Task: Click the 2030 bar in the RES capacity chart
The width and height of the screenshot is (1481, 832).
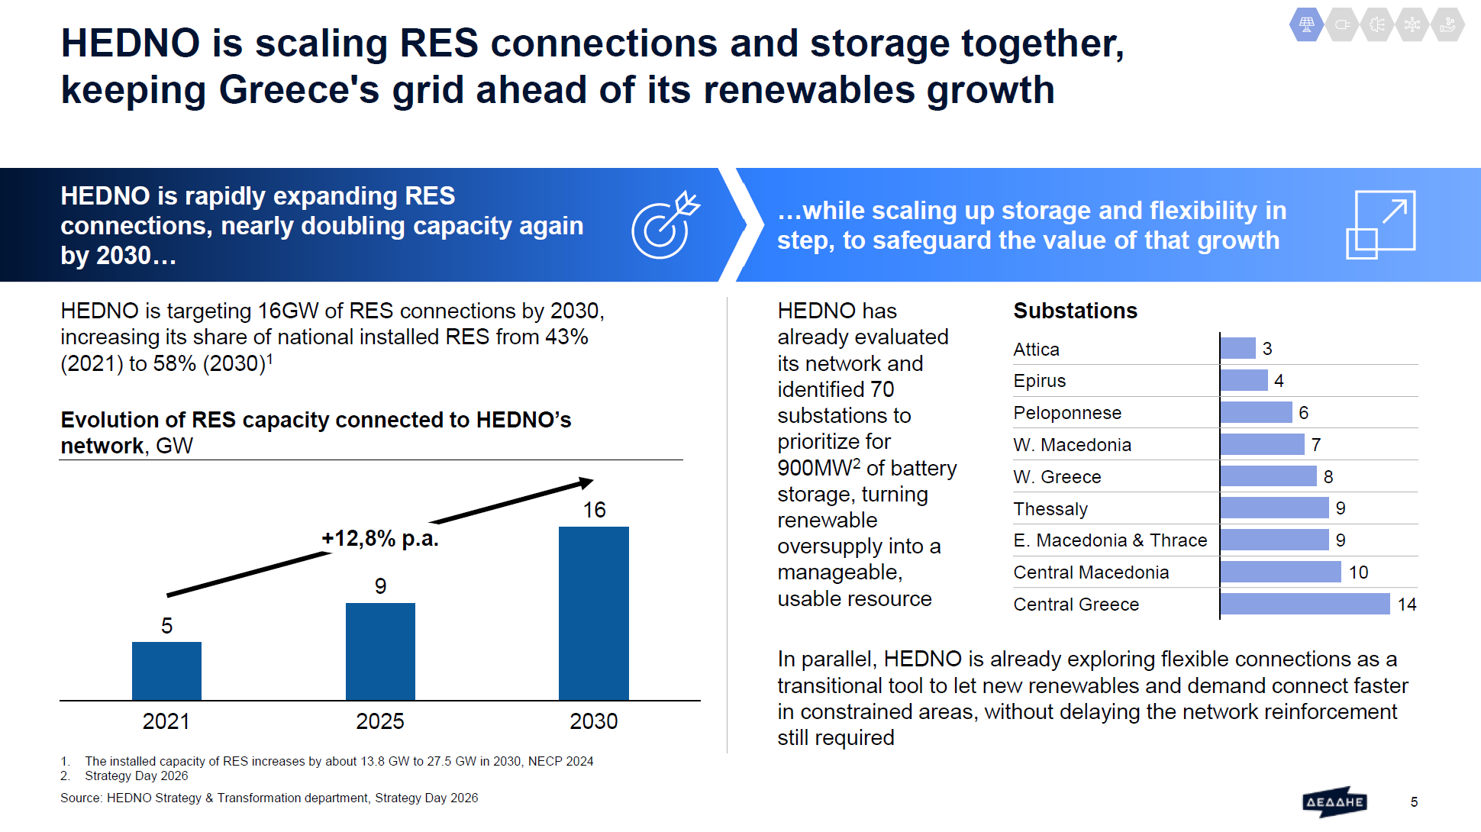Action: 593,613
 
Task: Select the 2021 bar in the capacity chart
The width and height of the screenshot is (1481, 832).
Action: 166,671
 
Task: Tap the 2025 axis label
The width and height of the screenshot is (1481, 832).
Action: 380,721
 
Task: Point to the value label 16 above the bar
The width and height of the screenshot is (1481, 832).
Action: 594,510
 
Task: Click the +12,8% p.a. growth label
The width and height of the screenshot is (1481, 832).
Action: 380,538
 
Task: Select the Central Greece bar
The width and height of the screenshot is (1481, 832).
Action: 1305,604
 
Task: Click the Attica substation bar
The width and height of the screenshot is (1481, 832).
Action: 1237,348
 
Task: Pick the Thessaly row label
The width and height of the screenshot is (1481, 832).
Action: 1050,509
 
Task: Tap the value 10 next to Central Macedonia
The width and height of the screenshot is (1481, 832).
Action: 1358,572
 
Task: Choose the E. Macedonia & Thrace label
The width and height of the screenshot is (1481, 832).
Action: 1110,540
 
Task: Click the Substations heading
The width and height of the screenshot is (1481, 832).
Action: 1075,311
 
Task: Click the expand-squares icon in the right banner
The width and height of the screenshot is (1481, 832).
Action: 1380,224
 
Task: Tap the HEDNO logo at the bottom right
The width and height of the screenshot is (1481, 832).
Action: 1334,801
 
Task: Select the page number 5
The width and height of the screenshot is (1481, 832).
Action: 1414,802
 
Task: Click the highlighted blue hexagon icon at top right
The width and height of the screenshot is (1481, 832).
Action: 1307,24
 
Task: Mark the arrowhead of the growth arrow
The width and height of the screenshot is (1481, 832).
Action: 586,482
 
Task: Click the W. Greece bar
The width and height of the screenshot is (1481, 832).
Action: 1268,476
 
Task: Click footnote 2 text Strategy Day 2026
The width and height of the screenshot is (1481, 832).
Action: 137,776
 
